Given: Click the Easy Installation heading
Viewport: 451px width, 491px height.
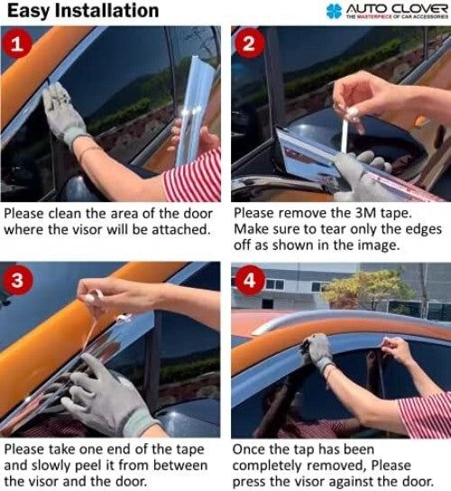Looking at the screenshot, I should click(80, 11).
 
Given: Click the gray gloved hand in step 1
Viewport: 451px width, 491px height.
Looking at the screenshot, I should click(66, 112).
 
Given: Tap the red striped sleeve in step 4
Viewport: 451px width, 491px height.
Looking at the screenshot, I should click(426, 414).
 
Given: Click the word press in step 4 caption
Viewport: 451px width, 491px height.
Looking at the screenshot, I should click(253, 482).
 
